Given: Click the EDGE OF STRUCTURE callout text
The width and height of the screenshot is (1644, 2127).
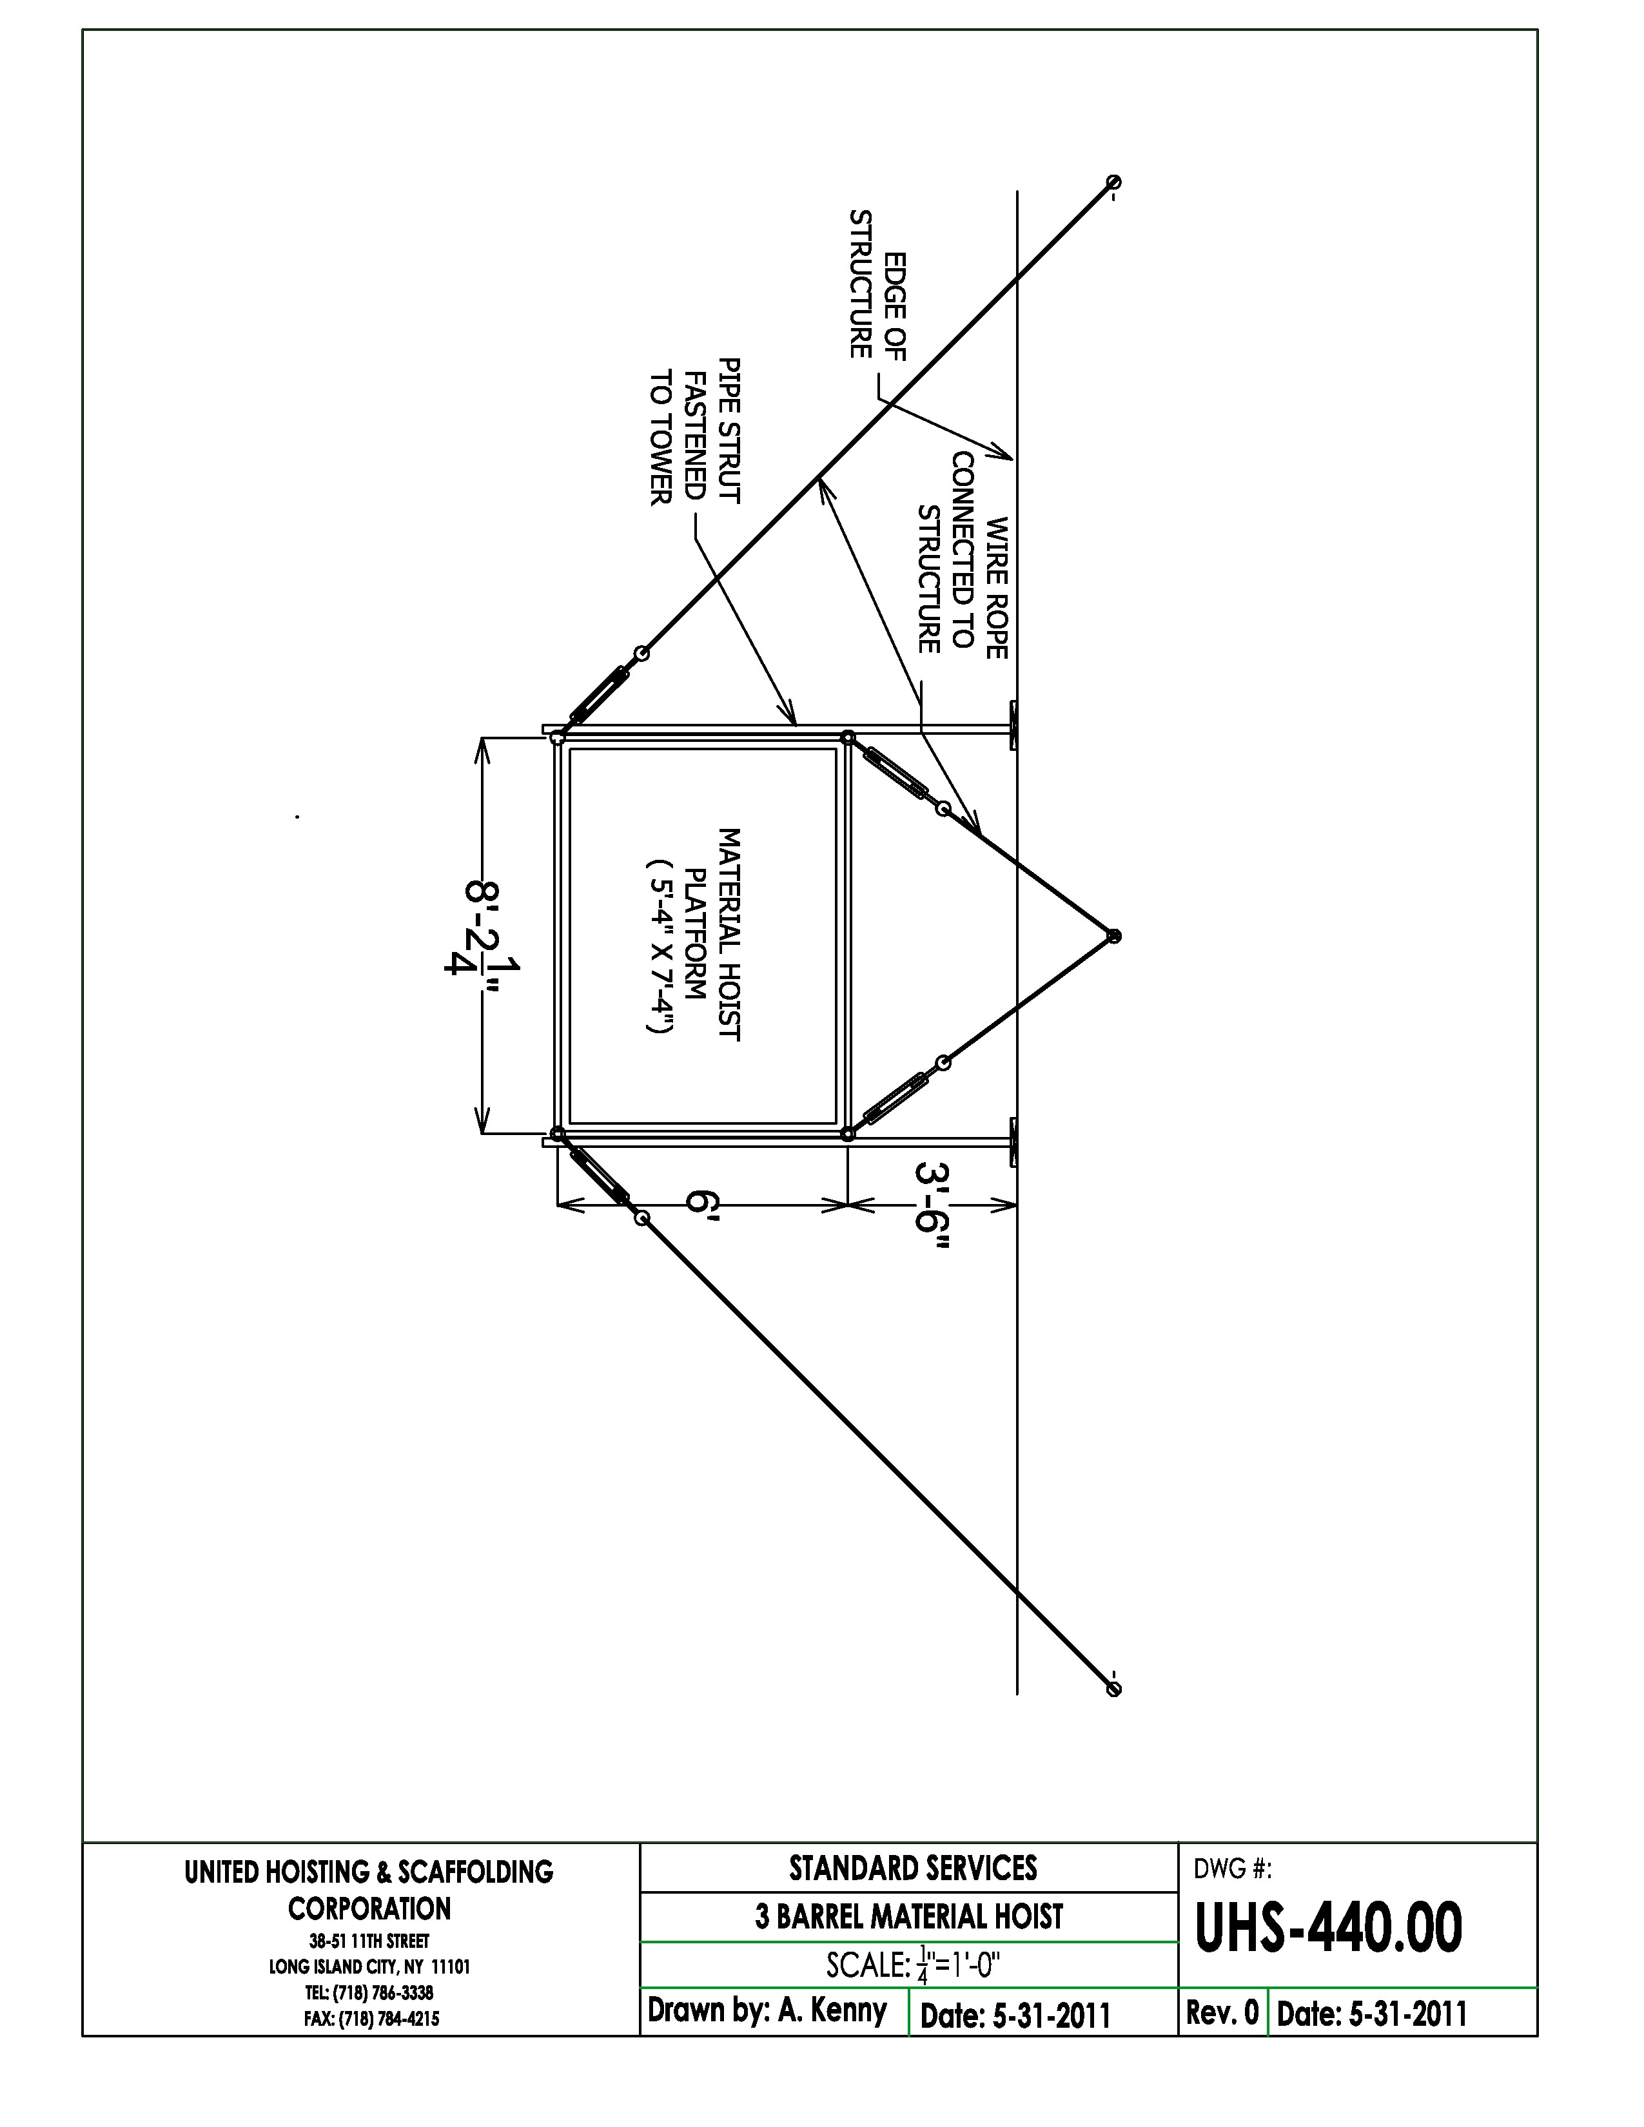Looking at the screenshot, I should tap(877, 284).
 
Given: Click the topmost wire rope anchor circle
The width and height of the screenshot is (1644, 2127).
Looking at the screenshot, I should tap(1114, 182).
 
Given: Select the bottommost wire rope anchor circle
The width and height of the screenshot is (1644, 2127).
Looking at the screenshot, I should tap(1114, 1689).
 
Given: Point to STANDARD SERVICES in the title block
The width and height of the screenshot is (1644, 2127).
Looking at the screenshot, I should tap(912, 1867).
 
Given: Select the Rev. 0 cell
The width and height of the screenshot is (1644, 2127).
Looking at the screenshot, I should tap(1222, 2012).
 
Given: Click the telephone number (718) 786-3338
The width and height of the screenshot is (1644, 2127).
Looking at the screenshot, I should tap(369, 1992).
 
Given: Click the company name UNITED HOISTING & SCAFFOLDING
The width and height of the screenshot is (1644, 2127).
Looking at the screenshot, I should tap(369, 1871).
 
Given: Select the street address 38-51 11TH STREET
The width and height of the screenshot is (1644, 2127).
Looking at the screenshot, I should tap(369, 1941).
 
